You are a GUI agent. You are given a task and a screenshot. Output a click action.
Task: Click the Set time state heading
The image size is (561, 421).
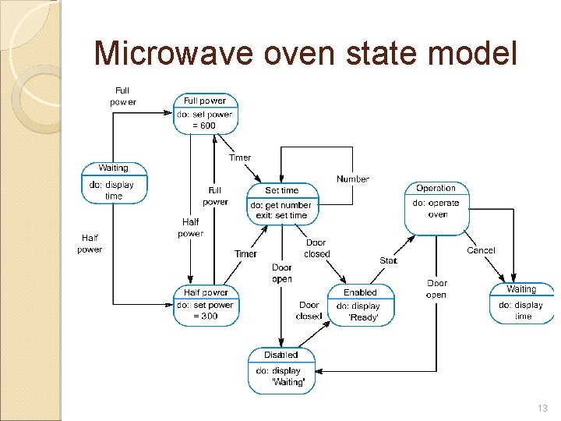[282, 190]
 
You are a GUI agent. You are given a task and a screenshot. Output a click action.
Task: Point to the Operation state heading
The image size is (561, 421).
[436, 189]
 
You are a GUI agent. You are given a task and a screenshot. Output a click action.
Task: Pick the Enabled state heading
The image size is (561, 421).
[360, 292]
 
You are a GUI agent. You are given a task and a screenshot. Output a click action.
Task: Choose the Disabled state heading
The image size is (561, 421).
[280, 355]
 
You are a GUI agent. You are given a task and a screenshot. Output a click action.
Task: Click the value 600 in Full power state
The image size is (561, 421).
[208, 126]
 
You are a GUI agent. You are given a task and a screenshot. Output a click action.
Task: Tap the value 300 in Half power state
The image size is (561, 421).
[207, 317]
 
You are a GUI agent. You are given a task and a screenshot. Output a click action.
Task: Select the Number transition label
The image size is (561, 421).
[353, 179]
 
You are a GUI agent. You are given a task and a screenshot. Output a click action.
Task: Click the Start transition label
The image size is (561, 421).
[388, 260]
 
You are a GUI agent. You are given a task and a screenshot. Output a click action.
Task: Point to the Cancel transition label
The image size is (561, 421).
[481, 250]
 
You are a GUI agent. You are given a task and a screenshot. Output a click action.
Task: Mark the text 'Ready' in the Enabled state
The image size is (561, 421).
[363, 317]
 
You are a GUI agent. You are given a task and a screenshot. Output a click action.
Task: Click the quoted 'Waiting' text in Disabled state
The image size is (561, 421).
[288, 382]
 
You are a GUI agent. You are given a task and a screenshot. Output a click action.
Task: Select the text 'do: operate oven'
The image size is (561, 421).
[436, 208]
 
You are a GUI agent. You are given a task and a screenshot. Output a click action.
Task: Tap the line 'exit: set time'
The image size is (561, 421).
[282, 215]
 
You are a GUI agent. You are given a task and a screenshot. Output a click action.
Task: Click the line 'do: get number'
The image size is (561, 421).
[280, 205]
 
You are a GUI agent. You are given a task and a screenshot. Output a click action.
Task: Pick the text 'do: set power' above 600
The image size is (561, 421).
[205, 115]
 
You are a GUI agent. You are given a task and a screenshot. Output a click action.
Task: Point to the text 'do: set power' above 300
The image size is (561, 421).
[205, 305]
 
